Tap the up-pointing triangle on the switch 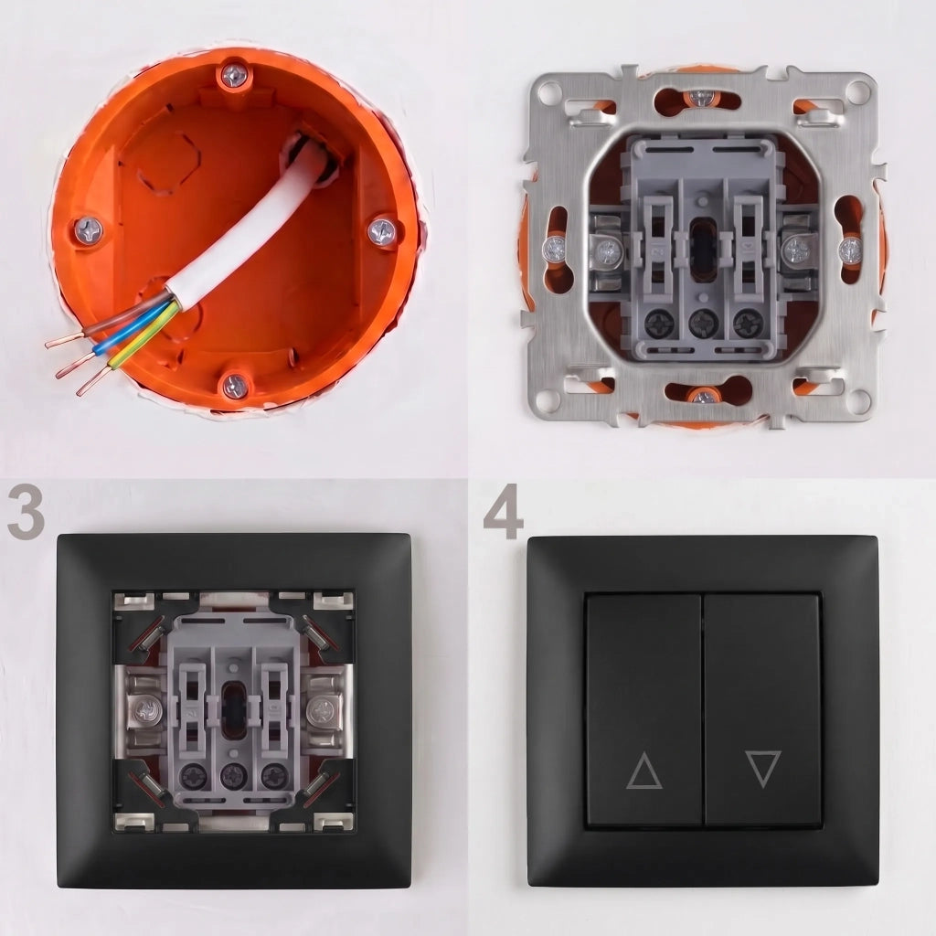644,771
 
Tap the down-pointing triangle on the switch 763,768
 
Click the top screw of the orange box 235,76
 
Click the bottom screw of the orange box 235,387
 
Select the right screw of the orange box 381,231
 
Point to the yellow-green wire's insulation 144,337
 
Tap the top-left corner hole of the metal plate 549,92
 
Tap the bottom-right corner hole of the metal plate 859,398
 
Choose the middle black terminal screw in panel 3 233,775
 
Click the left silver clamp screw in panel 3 145,711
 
